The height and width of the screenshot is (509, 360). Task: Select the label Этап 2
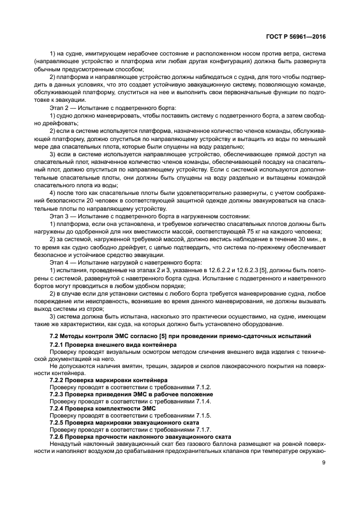(60, 108)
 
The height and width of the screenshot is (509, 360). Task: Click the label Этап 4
(60, 262)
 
